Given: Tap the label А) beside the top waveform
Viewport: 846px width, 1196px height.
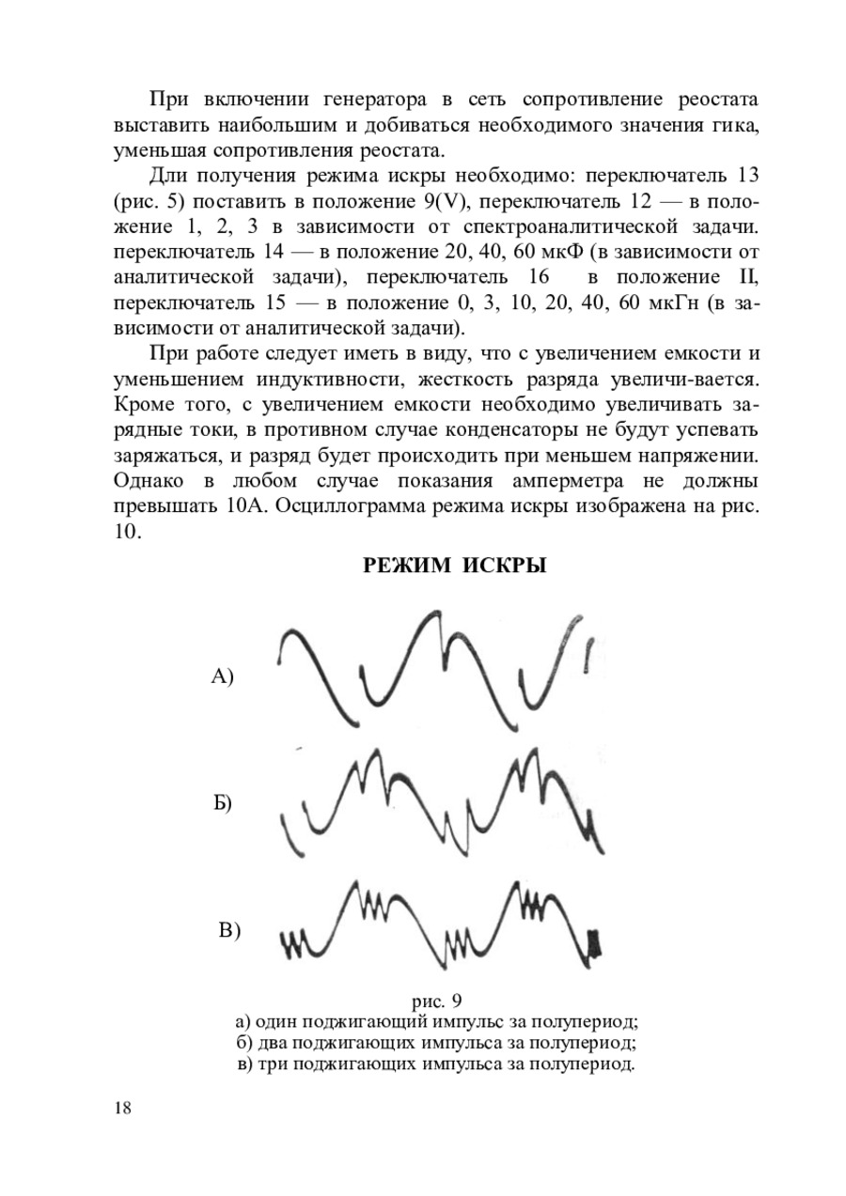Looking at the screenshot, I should click(x=221, y=676).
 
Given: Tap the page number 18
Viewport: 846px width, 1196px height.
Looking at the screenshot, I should click(x=122, y=1107).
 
